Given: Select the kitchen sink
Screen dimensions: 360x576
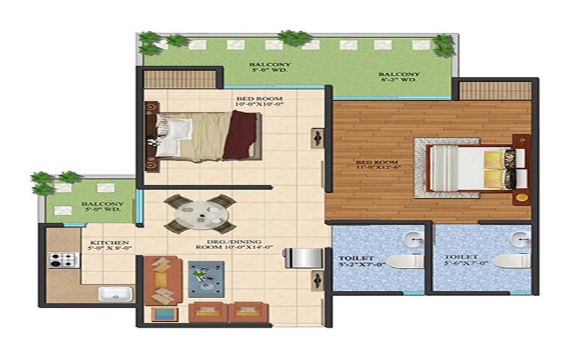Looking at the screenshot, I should (x=114, y=293).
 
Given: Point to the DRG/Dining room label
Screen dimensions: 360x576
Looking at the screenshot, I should (x=229, y=243).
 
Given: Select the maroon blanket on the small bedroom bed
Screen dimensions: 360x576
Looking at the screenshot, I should (x=240, y=135).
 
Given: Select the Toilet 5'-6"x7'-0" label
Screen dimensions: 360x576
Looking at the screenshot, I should (x=461, y=261).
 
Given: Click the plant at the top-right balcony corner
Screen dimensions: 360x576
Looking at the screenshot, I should (x=444, y=45).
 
